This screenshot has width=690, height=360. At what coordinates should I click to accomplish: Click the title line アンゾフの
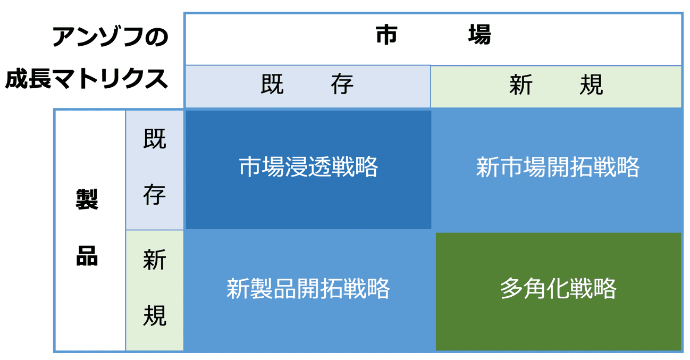coord(110,36)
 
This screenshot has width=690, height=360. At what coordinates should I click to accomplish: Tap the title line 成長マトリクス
coord(87,79)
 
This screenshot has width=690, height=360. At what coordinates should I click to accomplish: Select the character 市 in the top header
coord(386,35)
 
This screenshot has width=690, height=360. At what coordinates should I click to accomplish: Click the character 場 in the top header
coord(479,35)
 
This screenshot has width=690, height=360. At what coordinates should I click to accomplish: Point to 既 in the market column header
coord(272,84)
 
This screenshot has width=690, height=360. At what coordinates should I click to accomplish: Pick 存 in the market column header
coord(342,84)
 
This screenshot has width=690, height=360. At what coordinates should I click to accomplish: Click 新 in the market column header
coord(521,84)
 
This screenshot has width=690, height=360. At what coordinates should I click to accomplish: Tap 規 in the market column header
coord(591,84)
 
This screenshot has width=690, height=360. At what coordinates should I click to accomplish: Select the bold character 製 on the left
coord(87,199)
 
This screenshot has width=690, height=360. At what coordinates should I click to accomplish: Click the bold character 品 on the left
coord(87,256)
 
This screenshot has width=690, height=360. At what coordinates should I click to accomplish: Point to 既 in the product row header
coord(155,139)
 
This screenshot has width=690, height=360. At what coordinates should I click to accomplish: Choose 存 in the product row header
coord(155,195)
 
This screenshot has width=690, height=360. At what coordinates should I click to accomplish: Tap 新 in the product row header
coord(155,260)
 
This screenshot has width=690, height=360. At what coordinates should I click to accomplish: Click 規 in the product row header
coord(155,316)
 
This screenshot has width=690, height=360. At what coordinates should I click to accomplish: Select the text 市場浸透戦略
coord(308,166)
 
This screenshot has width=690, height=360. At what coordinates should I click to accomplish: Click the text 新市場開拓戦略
coord(558,166)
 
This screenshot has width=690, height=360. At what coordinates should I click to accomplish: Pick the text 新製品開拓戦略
coord(308,288)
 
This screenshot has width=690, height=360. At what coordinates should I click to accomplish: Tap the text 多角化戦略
coord(558,288)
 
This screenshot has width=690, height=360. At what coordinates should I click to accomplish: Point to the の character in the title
coord(157,37)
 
